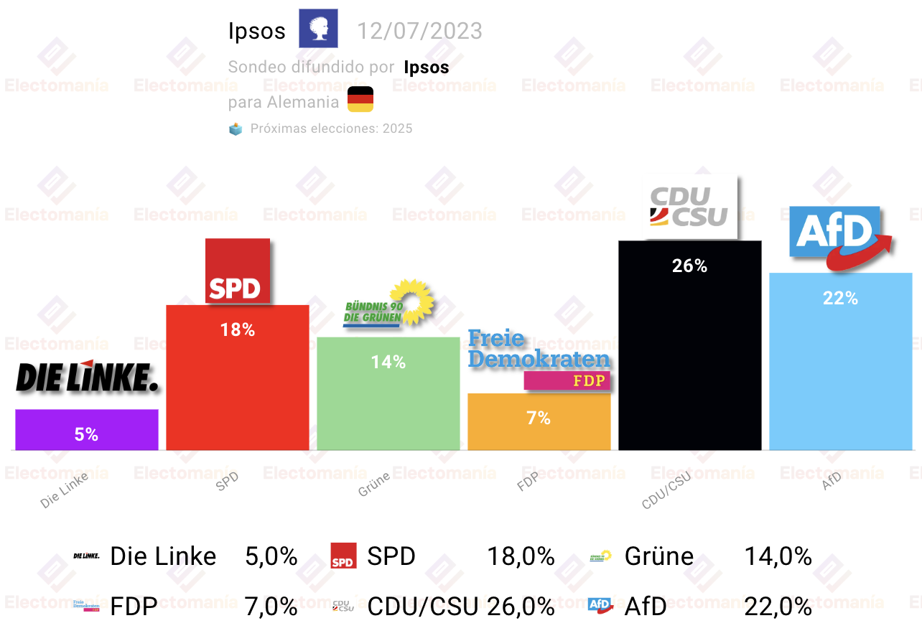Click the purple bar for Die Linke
[86, 429]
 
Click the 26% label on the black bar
[689, 266]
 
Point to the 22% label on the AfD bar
[840, 299]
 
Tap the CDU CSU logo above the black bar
[689, 207]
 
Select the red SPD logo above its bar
[237, 271]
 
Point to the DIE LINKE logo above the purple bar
[86, 378]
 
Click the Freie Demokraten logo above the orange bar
[539, 359]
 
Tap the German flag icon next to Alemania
[360, 99]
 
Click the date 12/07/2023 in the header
[419, 32]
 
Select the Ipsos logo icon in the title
[318, 29]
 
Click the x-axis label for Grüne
[374, 485]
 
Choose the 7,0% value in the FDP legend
[271, 607]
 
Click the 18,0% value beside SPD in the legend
[521, 556]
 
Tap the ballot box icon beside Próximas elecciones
[236, 129]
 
